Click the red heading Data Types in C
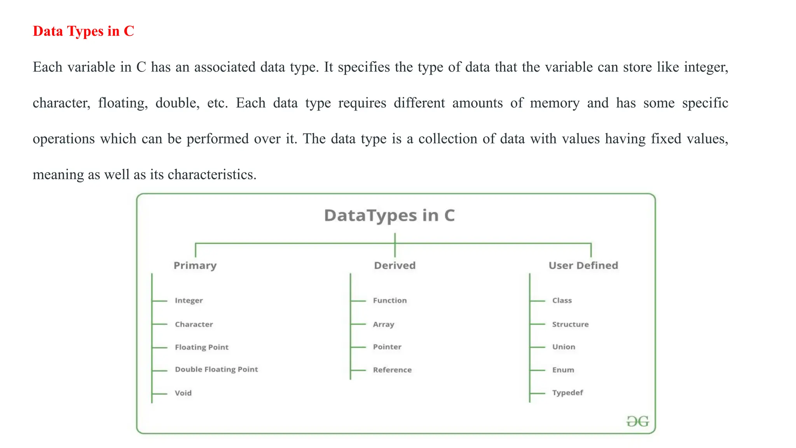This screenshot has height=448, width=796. pyautogui.click(x=83, y=31)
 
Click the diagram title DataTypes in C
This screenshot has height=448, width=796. pyautogui.click(x=389, y=216)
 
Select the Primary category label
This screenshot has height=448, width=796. pyautogui.click(x=195, y=266)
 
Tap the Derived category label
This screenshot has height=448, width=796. pyautogui.click(x=395, y=266)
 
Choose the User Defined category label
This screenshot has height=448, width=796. pyautogui.click(x=583, y=266)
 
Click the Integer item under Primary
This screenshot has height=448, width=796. pyautogui.click(x=189, y=301)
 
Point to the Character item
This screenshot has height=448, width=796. pyautogui.click(x=194, y=324)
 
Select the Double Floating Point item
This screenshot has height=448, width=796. pyautogui.click(x=216, y=369)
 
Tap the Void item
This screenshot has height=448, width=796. pyautogui.click(x=183, y=393)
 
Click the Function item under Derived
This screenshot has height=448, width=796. pyautogui.click(x=390, y=301)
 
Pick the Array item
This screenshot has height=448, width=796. pyautogui.click(x=383, y=324)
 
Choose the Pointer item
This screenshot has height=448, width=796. pyautogui.click(x=387, y=347)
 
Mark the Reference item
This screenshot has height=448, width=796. pyautogui.click(x=392, y=370)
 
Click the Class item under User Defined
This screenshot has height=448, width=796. pyautogui.click(x=562, y=301)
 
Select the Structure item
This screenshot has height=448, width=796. pyautogui.click(x=570, y=324)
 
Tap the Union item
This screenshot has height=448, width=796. pyautogui.click(x=564, y=347)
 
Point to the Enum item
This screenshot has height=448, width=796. pyautogui.click(x=563, y=370)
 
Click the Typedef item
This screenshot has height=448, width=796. pyautogui.click(x=567, y=393)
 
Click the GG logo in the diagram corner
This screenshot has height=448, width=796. pyautogui.click(x=637, y=422)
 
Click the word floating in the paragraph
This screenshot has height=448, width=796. pyautogui.click(x=122, y=103)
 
